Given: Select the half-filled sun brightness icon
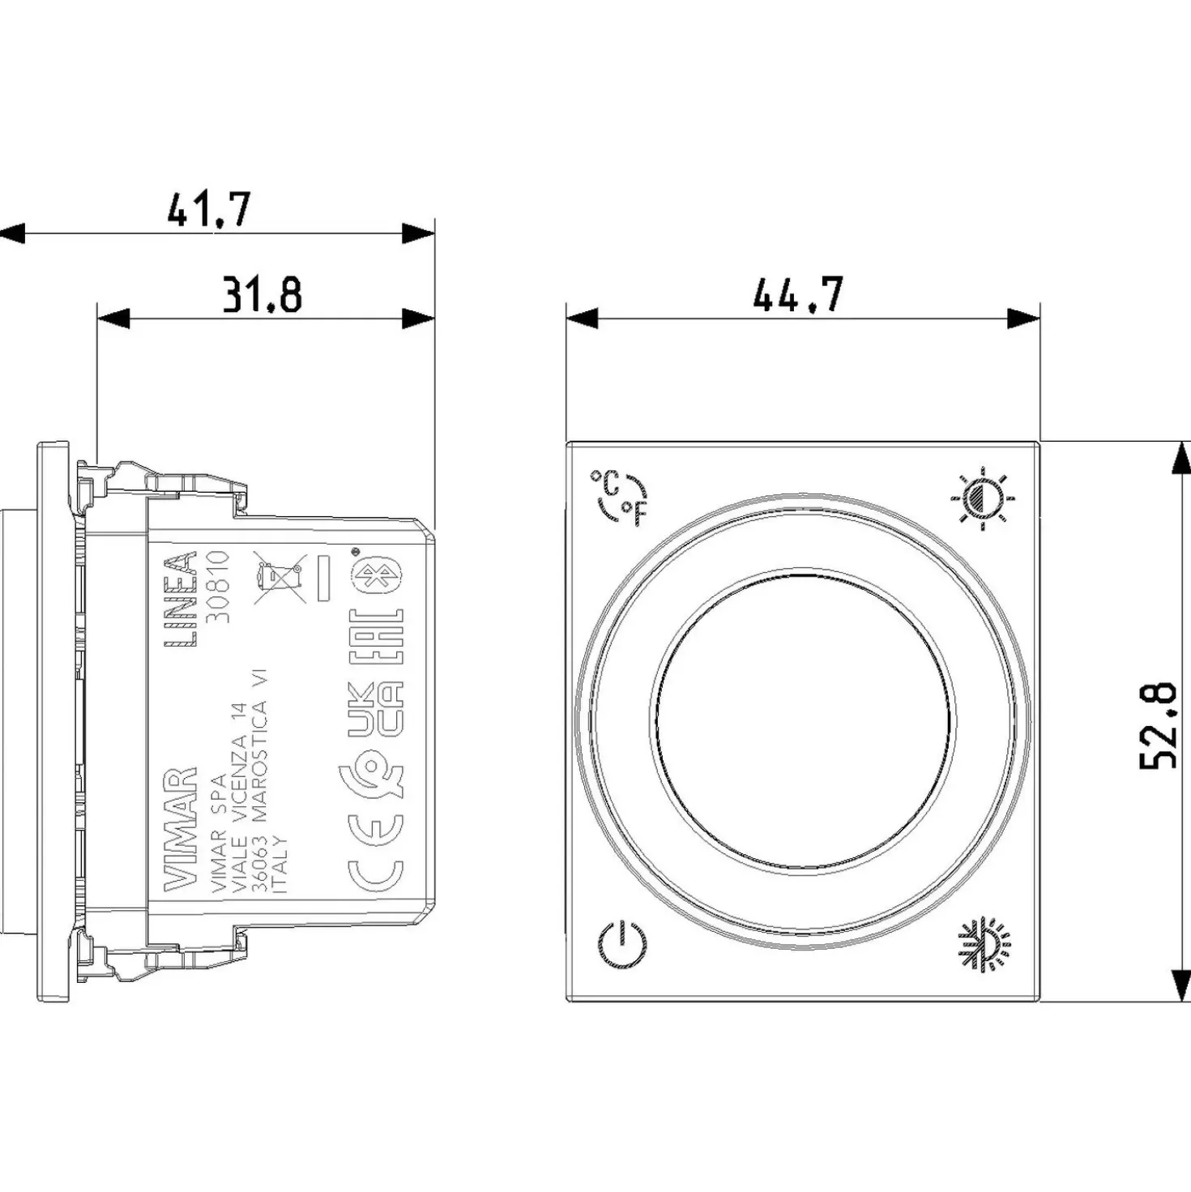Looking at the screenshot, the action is (983, 498).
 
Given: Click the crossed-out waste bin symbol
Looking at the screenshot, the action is (280, 578).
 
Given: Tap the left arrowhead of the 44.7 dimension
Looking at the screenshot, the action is (583, 319).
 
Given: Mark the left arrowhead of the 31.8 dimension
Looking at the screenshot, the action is (114, 318).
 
